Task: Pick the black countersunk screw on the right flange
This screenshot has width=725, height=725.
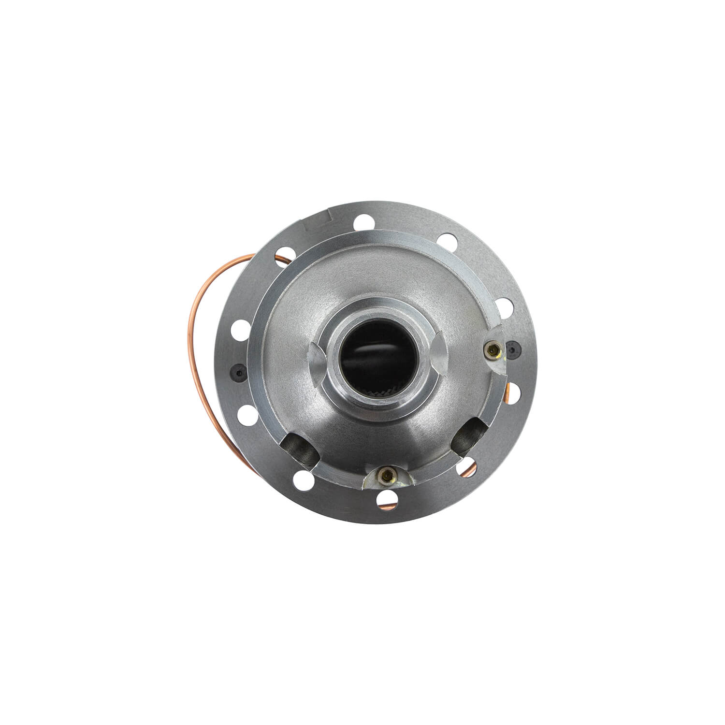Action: point(512,348)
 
